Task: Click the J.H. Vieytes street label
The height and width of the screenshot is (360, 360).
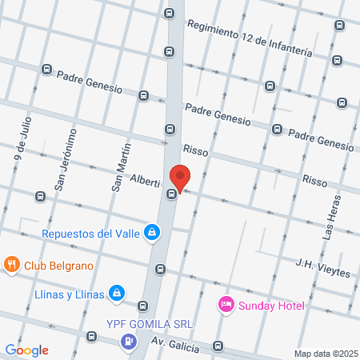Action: [322, 267]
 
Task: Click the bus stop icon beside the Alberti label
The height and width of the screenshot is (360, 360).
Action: [171, 194]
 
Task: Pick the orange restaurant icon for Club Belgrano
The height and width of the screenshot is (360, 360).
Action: [11, 265]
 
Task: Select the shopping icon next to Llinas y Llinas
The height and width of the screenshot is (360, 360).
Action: [118, 294]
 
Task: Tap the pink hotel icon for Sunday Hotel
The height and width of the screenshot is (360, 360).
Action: [226, 305]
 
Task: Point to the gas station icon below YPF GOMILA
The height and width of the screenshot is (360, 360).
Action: [126, 342]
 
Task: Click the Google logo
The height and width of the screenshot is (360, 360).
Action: [26, 350]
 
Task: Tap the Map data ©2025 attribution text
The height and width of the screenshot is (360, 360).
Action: [325, 353]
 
